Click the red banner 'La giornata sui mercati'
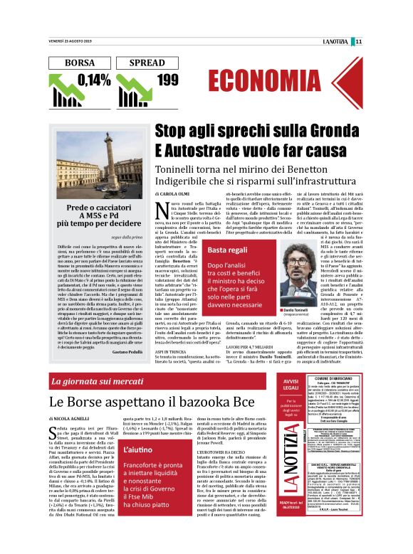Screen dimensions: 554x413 (x=98, y=383)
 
